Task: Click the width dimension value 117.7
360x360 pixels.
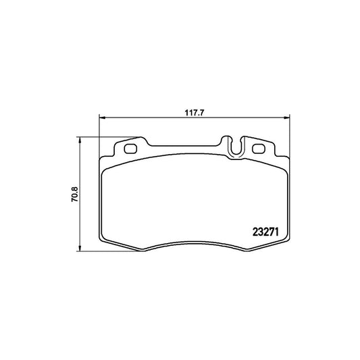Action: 195,113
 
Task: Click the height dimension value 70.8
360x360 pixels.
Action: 75,195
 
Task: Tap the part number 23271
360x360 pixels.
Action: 265,232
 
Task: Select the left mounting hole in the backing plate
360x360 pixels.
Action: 130,149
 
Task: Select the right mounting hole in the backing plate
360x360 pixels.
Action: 259,149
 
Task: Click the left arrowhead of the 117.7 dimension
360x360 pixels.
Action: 102,118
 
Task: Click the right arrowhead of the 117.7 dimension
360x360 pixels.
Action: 287,118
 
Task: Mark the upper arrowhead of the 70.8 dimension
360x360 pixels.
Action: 80,140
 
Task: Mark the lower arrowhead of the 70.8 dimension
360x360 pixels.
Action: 80,249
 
